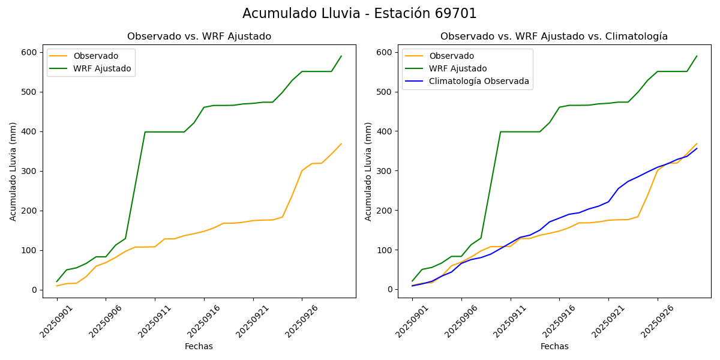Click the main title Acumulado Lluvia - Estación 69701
359,13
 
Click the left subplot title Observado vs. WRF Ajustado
199,37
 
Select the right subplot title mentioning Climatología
554,37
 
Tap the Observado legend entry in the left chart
96,56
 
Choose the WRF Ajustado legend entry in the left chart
102,68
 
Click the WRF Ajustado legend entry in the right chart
458,68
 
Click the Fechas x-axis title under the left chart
199,346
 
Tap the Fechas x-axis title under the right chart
554,346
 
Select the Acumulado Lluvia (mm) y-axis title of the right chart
368,172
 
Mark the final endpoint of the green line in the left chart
341,56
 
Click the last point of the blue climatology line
697,148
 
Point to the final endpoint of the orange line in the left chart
341,143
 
